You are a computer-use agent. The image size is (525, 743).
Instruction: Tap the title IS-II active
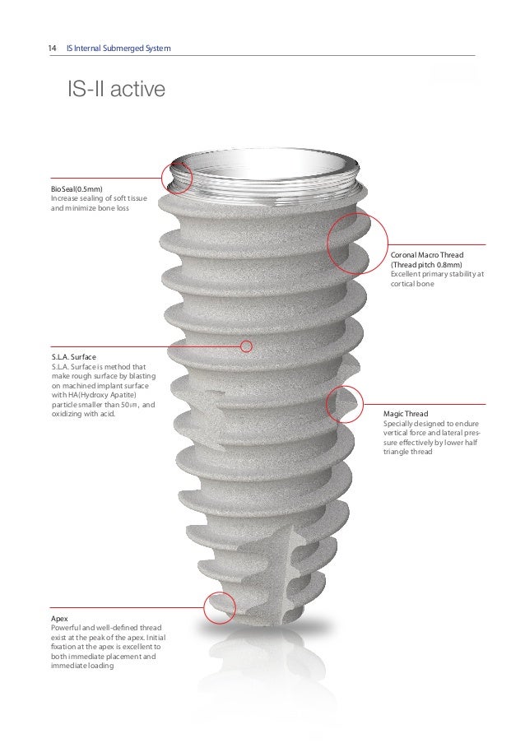pyautogui.click(x=109, y=88)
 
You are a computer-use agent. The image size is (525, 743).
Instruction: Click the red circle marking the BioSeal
pyautogui.click(x=177, y=177)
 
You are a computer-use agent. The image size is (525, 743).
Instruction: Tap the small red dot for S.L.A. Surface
pyautogui.click(x=244, y=346)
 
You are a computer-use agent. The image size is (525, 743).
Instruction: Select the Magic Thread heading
pyautogui.click(x=406, y=414)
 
